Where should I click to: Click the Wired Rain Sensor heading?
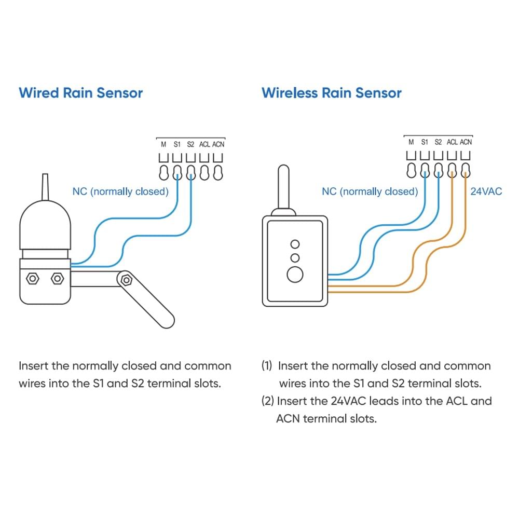pos(80,93)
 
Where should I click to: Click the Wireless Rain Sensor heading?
pos(331,93)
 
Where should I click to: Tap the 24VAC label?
pos(486,192)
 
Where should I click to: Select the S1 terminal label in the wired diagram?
pos(177,144)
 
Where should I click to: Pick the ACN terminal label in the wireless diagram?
pos(466,142)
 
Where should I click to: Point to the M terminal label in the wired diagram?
pos(163,144)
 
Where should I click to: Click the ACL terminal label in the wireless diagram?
pos(452,142)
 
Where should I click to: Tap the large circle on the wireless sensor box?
pos(295,274)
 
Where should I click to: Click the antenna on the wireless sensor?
pos(283,187)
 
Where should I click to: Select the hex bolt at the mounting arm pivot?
pos(126,280)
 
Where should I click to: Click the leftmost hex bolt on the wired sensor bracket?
pos(33,279)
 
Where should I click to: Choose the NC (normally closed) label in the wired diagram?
pos(120,192)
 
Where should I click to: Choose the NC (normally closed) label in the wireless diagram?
pos(370,192)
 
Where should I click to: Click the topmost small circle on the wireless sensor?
pos(295,244)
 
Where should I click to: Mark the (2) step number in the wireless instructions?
pos(268,401)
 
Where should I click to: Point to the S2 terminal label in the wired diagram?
pos(190,144)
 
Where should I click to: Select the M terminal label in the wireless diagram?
pos(411,142)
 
